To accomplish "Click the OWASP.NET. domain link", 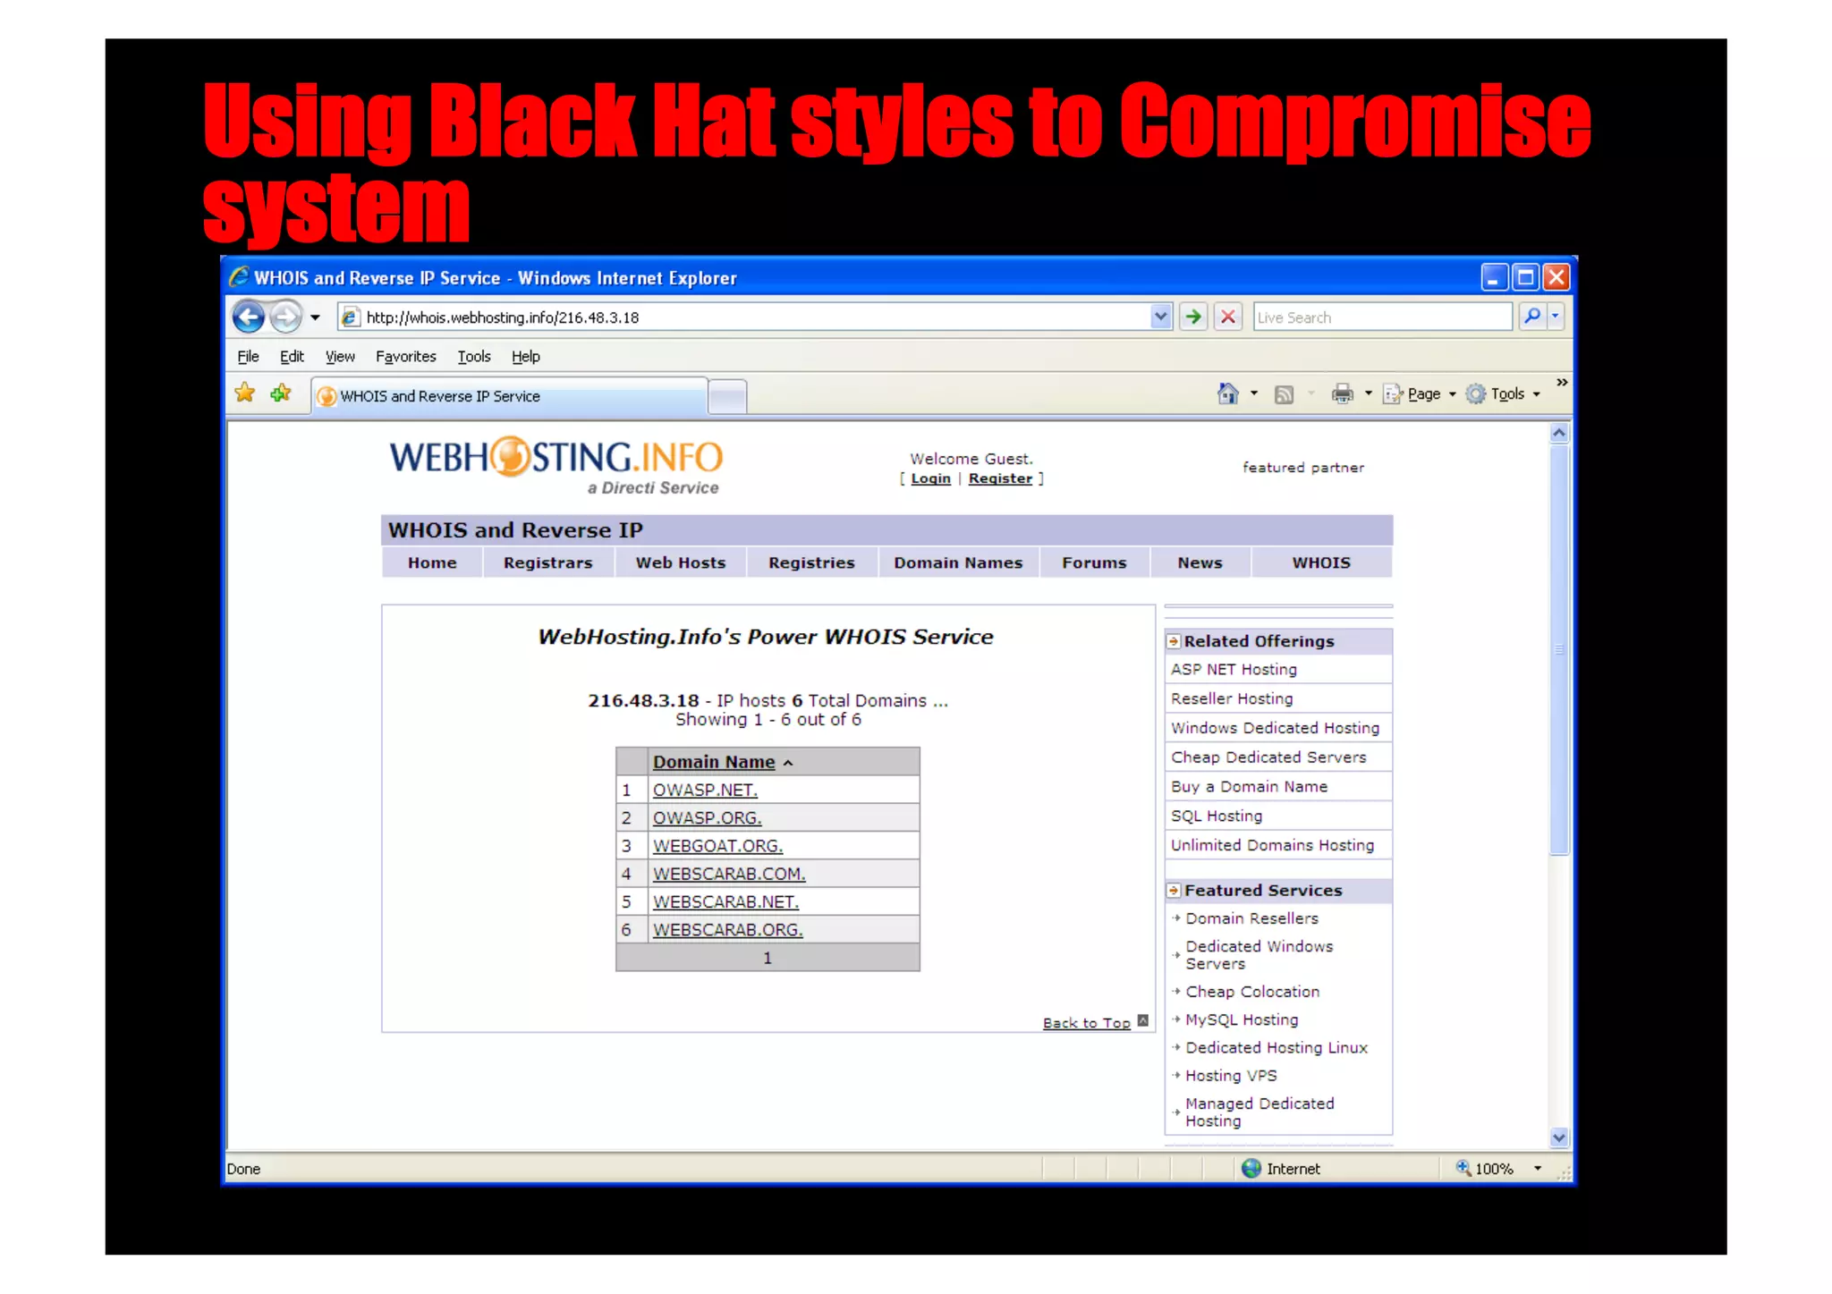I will click(x=705, y=790).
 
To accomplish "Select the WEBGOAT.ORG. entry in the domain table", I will click(x=717, y=846).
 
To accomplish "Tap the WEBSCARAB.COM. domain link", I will click(x=728, y=874).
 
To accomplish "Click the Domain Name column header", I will click(x=714, y=762).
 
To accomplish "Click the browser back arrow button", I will click(x=249, y=317).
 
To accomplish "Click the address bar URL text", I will click(x=502, y=317).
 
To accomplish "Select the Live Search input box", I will click(x=1382, y=317).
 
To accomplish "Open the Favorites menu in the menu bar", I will click(x=405, y=357).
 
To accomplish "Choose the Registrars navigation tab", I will click(x=547, y=562).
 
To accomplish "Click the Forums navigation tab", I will click(x=1094, y=562).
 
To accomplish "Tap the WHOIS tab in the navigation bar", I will click(x=1320, y=562).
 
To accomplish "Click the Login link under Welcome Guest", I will click(x=930, y=478).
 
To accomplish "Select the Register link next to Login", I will click(x=1000, y=478).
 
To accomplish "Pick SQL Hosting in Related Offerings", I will click(x=1217, y=816).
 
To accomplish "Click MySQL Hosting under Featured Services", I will click(x=1242, y=1019).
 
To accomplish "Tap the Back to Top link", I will click(x=1086, y=1023).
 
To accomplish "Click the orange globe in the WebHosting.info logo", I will click(x=510, y=457).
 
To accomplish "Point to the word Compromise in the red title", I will click(x=1354, y=121).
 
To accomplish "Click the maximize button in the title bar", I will click(x=1525, y=277).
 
